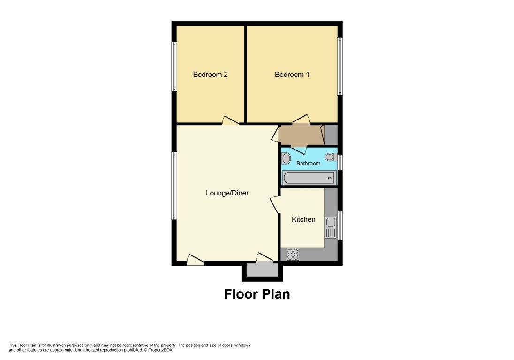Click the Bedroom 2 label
[211, 75]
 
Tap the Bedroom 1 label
[292, 75]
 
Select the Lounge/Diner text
[227, 193]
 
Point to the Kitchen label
[303, 219]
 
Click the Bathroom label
[308, 163]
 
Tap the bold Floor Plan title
[257, 294]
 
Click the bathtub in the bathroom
[309, 178]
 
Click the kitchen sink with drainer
[331, 227]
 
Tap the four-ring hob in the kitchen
[293, 254]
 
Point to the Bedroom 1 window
[340, 66]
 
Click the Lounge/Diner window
[174, 186]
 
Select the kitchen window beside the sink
[340, 225]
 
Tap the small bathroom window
[340, 162]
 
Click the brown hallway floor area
[300, 135]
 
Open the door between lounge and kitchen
[274, 205]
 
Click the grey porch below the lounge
[262, 270]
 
